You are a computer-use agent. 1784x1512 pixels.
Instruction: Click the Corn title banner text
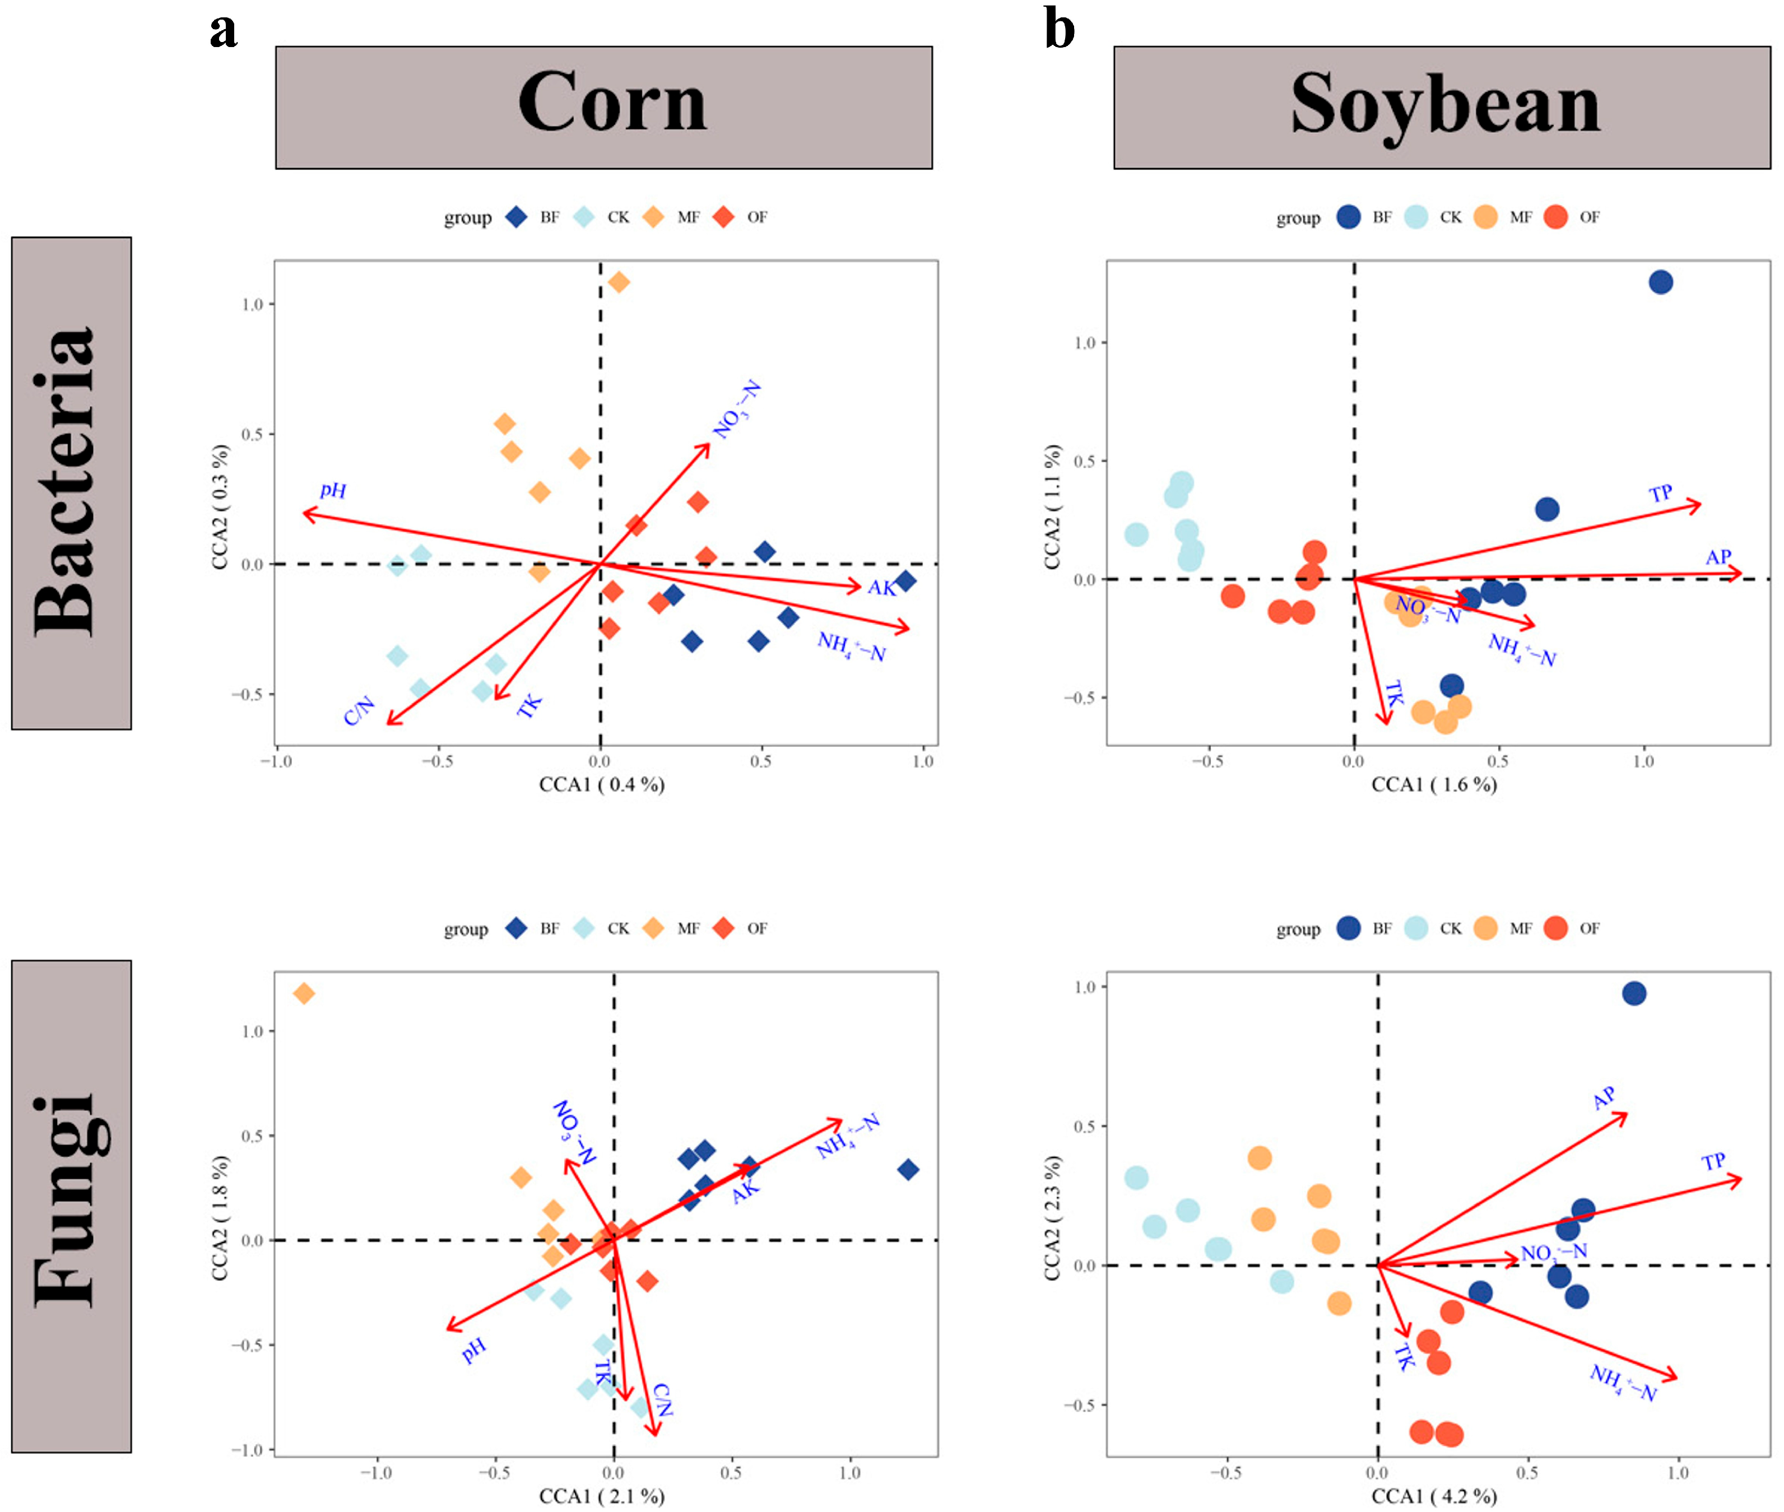(611, 103)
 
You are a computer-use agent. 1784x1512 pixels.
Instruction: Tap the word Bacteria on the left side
(65, 482)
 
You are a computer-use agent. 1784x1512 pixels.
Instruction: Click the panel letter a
(223, 30)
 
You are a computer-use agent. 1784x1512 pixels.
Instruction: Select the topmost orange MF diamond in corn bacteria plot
(618, 282)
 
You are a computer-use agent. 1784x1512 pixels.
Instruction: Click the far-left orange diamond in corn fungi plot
(304, 993)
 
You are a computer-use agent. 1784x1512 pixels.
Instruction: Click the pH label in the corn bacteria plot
(333, 490)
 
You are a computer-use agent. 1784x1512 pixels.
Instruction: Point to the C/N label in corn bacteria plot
(359, 710)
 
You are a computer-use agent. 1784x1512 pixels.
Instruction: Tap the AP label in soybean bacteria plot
(1717, 557)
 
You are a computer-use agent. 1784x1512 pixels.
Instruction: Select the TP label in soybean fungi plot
(1713, 1162)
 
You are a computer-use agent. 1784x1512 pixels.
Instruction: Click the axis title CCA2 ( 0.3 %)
(220, 506)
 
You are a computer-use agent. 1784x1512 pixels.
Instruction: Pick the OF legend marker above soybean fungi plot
(1555, 928)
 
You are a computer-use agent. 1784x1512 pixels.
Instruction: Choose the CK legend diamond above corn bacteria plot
(584, 217)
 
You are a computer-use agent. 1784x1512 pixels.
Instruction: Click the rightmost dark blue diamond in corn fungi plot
(908, 1169)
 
